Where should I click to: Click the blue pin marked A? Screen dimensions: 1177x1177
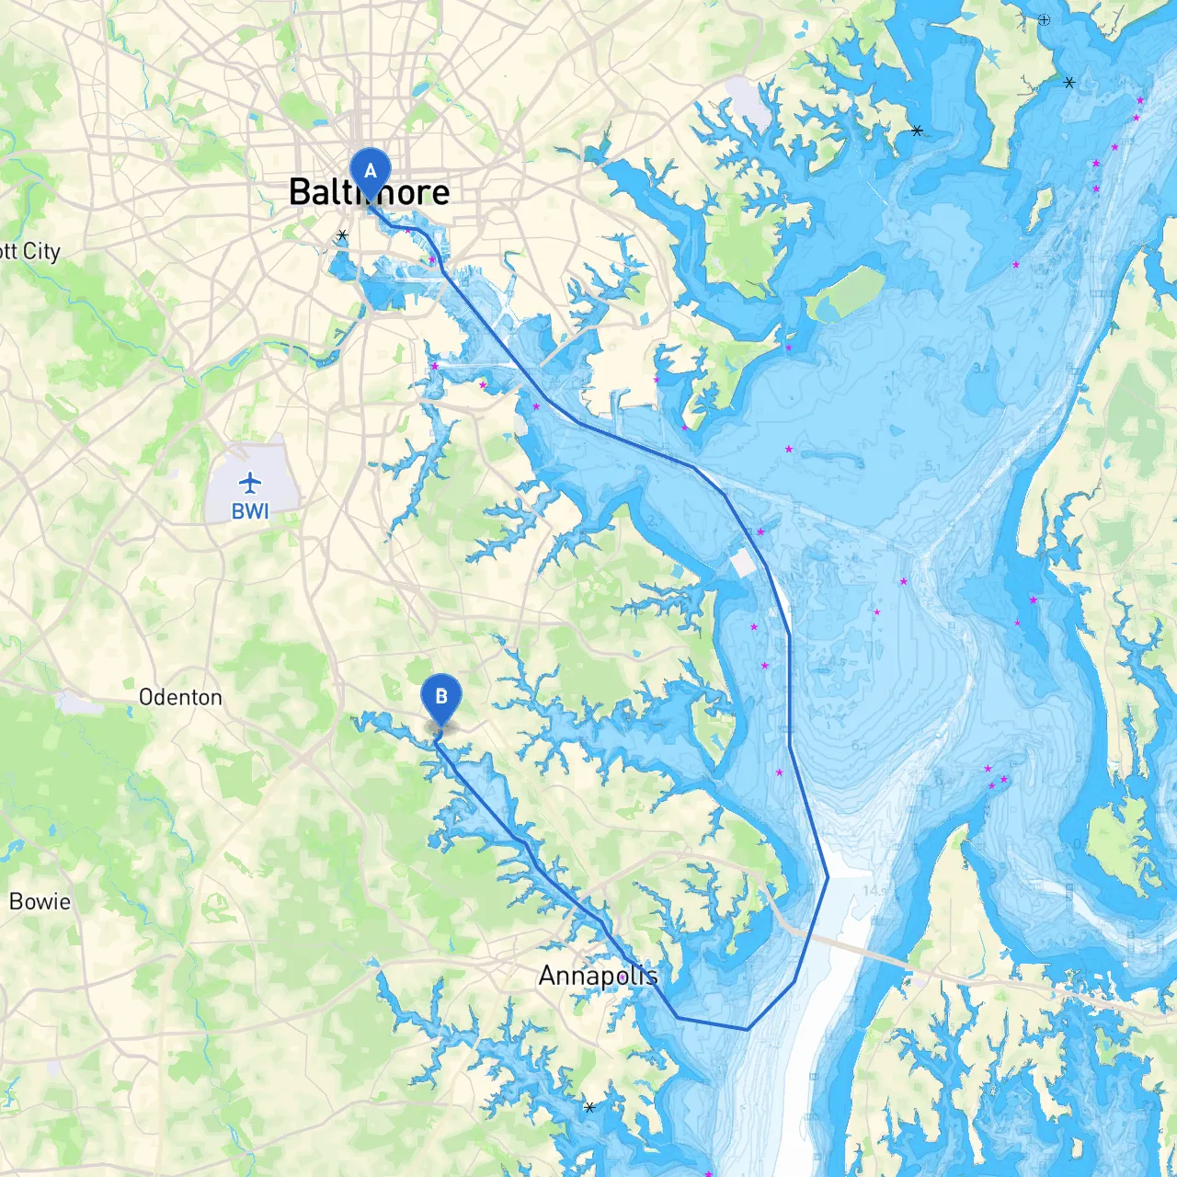[371, 171]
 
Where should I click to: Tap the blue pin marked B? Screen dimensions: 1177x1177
[440, 697]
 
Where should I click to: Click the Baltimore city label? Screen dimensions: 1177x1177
[369, 192]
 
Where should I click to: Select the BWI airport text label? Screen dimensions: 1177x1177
[250, 511]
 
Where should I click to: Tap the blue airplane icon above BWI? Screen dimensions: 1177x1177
[250, 482]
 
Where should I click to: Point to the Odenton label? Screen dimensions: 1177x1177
[180, 697]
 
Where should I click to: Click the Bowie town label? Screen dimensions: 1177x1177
[40, 901]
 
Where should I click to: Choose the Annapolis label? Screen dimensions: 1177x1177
[598, 976]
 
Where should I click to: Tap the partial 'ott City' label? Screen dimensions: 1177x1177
[29, 251]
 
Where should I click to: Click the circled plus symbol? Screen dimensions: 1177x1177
[1044, 19]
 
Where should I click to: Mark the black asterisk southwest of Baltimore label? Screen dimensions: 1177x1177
[342, 235]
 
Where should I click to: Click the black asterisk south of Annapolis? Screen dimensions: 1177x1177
[589, 1107]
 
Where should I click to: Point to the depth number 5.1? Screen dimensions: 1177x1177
[932, 466]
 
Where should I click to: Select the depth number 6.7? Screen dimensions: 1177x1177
[858, 746]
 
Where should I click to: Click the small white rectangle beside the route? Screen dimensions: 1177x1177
[742, 564]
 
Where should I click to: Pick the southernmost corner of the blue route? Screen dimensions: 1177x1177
[747, 1029]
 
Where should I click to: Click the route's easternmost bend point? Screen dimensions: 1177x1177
[828, 877]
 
